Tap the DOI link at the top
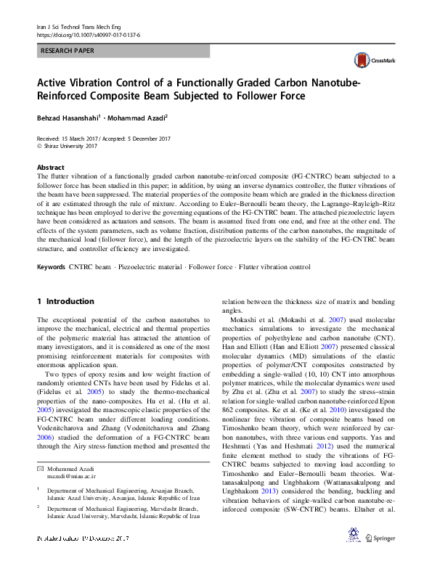point(88,34)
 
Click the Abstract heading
point(50,167)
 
